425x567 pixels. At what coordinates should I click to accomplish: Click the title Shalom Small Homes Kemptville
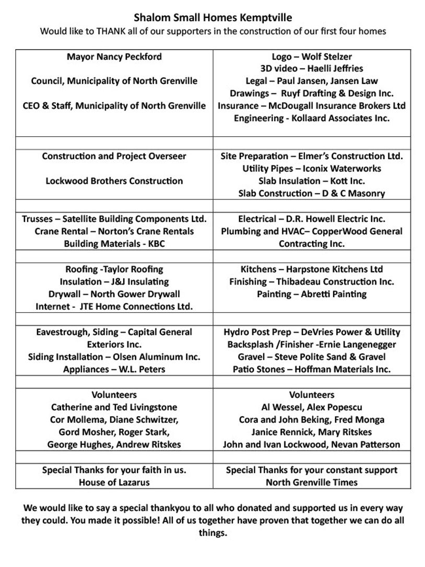(x=212, y=18)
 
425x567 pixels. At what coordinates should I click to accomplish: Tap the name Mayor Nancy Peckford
(x=114, y=56)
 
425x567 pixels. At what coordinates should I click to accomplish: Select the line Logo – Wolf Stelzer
(x=312, y=56)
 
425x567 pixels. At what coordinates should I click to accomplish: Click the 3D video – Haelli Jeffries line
(x=312, y=68)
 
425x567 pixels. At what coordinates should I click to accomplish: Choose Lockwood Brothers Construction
(x=114, y=181)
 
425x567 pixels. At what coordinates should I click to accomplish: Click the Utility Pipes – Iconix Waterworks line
(x=312, y=168)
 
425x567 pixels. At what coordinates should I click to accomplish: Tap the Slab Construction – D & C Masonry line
(x=312, y=193)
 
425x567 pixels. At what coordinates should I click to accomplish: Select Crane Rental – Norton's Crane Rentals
(x=114, y=231)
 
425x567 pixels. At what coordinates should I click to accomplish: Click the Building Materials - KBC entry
(x=114, y=244)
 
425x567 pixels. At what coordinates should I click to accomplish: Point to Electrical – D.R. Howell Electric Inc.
(x=312, y=219)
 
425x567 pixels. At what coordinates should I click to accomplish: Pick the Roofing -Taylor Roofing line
(x=114, y=269)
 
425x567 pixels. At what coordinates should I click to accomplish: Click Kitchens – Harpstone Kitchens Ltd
(x=312, y=269)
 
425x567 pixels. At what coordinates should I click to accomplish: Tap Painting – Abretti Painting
(x=312, y=294)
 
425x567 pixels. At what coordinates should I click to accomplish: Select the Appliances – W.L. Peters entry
(x=114, y=369)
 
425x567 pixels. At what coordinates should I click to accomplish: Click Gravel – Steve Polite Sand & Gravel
(x=312, y=357)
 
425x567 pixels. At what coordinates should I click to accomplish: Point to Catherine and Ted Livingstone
(x=114, y=407)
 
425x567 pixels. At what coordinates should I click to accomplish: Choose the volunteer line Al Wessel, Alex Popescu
(x=312, y=407)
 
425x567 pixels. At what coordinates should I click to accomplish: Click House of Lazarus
(x=114, y=482)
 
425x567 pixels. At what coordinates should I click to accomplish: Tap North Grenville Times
(x=312, y=482)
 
